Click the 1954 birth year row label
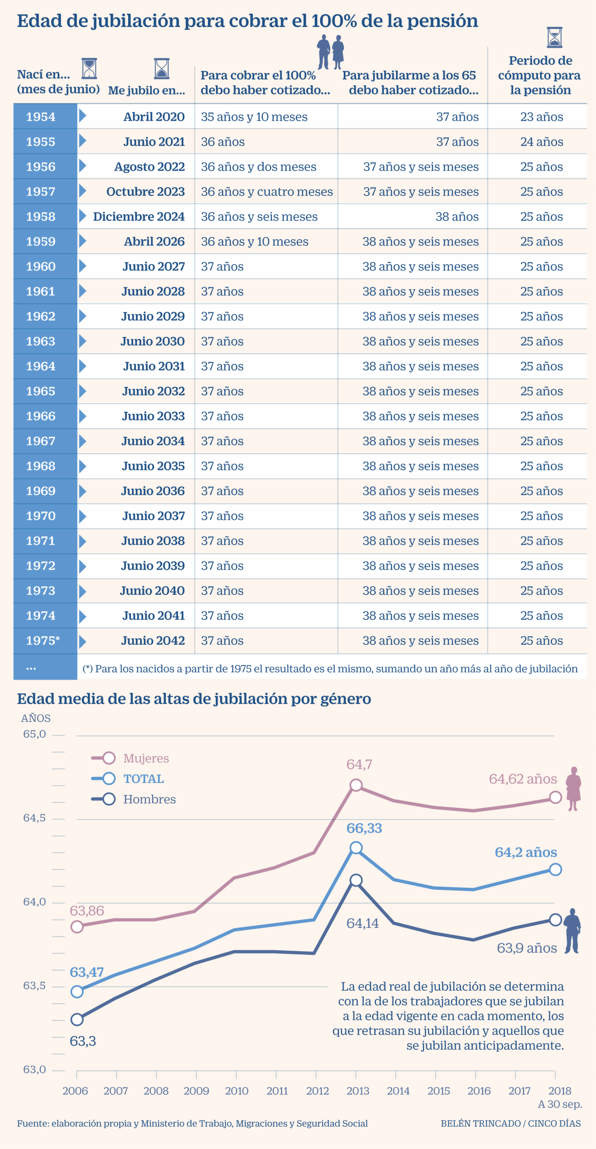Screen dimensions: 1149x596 pyautogui.click(x=41, y=117)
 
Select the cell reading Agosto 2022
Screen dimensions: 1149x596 pyautogui.click(x=149, y=167)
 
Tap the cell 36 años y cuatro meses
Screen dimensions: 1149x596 pyautogui.click(x=266, y=192)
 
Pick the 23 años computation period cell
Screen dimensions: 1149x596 pyautogui.click(x=541, y=117)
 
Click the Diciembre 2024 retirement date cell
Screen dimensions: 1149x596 pyautogui.click(x=139, y=216)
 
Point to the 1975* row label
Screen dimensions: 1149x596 pyautogui.click(x=43, y=640)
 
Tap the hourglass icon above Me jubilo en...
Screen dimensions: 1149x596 pyautogui.click(x=161, y=69)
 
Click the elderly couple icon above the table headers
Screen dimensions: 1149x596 pyautogui.click(x=330, y=52)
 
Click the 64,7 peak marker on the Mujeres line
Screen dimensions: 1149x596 pyautogui.click(x=356, y=785)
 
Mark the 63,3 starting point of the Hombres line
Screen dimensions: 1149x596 pyautogui.click(x=77, y=1019)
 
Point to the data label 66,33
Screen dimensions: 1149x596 pyautogui.click(x=364, y=828)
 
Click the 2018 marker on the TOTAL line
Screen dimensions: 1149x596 pyautogui.click(x=555, y=869)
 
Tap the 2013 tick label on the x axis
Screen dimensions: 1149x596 pyautogui.click(x=357, y=1091)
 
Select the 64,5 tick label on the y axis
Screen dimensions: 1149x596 pyautogui.click(x=35, y=818)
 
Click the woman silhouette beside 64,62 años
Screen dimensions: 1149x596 pyautogui.click(x=573, y=789)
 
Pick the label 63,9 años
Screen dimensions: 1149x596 pyautogui.click(x=526, y=948)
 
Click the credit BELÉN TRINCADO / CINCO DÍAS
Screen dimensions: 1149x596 pyautogui.click(x=510, y=1123)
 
